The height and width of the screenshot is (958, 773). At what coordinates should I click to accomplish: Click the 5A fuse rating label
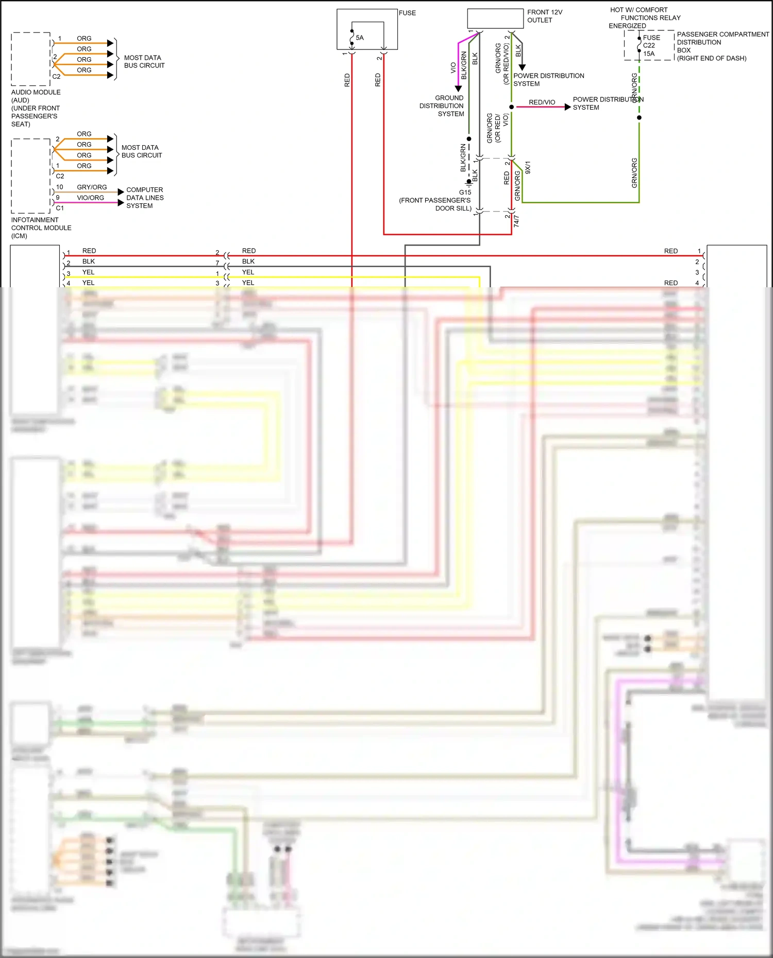tap(360, 38)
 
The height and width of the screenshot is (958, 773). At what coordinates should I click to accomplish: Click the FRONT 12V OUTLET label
tap(544, 16)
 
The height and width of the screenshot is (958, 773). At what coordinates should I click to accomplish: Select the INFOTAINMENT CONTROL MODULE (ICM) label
tap(41, 228)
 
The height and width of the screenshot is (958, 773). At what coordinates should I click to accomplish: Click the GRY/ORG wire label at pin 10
tap(92, 187)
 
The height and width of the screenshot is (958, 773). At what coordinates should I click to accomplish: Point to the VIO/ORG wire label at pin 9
tap(90, 198)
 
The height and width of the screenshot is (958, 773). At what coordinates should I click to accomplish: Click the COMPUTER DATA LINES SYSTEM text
tap(145, 198)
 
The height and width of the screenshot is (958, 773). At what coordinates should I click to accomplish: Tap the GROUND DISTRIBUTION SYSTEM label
tap(442, 106)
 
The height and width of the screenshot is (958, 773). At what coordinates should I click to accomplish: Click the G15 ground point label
tap(465, 192)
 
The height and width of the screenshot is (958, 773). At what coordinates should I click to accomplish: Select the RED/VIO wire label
tap(542, 102)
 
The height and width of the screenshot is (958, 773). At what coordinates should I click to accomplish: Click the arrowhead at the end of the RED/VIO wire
tap(567, 107)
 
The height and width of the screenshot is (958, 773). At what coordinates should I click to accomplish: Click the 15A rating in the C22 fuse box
tap(649, 54)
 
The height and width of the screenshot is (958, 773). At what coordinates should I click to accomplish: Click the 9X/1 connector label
tap(528, 167)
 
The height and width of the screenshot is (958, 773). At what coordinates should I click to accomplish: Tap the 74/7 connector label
tap(516, 221)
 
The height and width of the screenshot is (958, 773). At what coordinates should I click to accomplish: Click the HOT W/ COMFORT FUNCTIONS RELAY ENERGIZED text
tap(644, 18)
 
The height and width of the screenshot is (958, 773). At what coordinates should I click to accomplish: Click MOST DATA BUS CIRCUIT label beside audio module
tap(144, 61)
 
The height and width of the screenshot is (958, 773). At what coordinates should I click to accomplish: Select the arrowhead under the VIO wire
tap(458, 89)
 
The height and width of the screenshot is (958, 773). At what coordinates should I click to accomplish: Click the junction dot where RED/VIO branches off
tap(511, 107)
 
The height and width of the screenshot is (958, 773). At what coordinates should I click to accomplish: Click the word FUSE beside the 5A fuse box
tap(407, 13)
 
